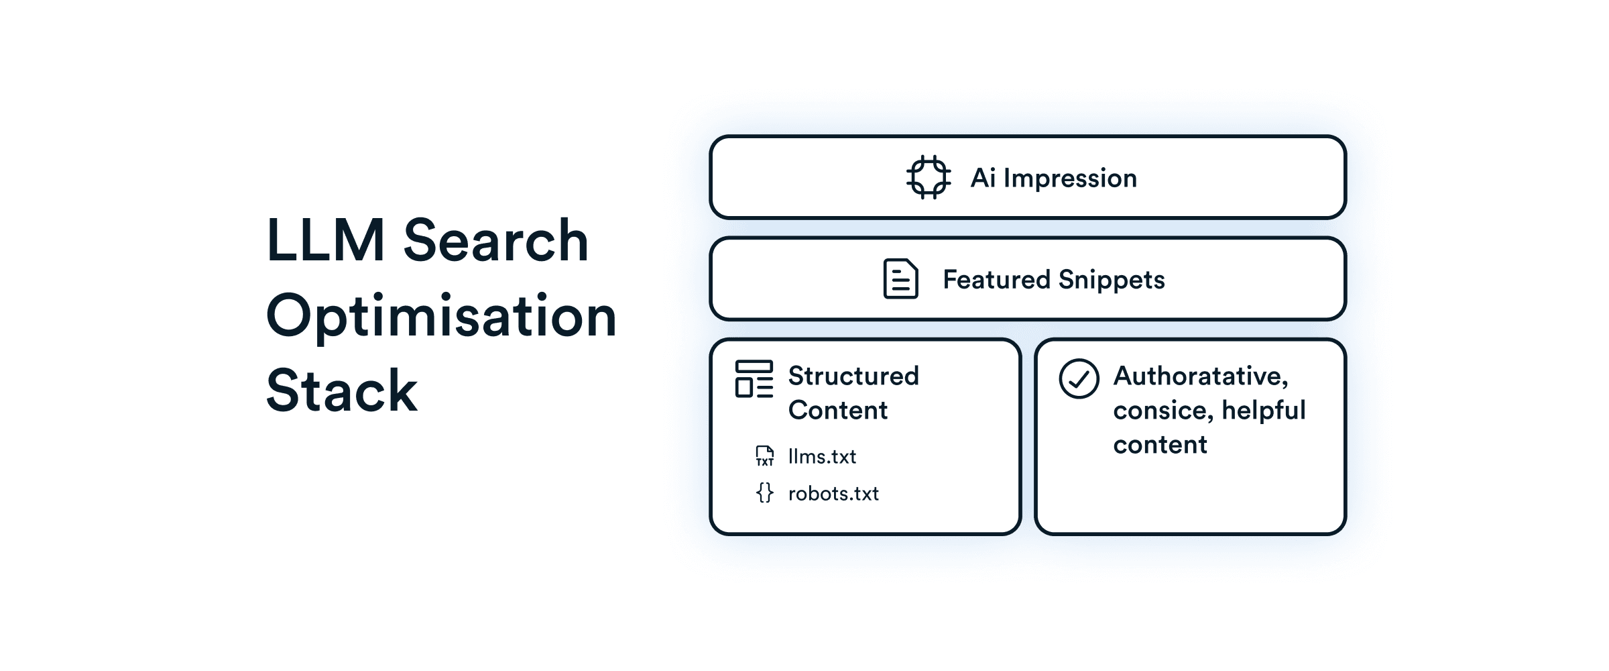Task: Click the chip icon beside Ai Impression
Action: (x=929, y=177)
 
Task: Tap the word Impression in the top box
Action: (x=1070, y=178)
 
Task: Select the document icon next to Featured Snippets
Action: (x=900, y=278)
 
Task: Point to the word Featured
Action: (x=996, y=279)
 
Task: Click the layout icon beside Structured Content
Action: (x=754, y=379)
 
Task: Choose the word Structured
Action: (x=853, y=376)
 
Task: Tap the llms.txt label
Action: (x=822, y=457)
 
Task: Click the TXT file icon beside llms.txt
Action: (x=765, y=456)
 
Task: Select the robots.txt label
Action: (x=833, y=494)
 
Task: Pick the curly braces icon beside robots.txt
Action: (x=765, y=493)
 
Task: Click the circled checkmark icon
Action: (x=1079, y=379)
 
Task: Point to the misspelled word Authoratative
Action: (x=1200, y=376)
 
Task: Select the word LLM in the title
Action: (x=326, y=240)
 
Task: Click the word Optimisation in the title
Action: (x=441, y=316)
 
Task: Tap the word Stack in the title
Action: (x=342, y=391)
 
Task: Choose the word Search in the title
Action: (x=496, y=240)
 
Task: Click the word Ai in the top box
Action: (x=983, y=178)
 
